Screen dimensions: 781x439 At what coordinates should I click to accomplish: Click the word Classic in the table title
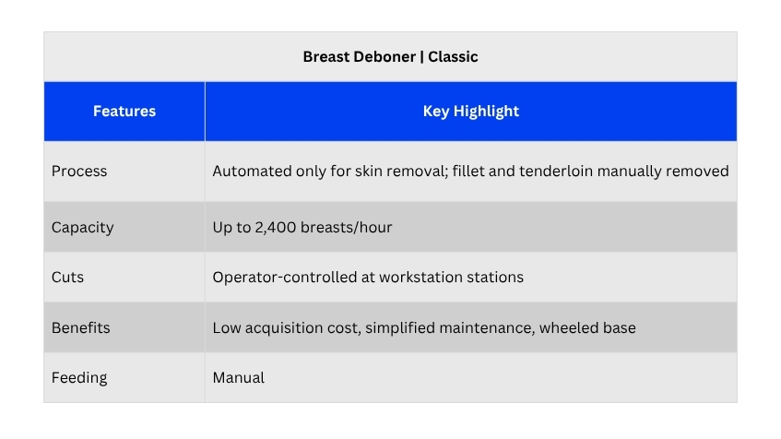(453, 57)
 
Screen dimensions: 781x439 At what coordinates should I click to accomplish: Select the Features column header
(124, 111)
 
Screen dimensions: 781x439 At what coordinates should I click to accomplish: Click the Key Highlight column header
(470, 111)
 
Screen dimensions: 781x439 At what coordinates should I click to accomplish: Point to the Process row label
(79, 171)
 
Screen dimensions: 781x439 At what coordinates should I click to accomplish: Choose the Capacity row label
(83, 228)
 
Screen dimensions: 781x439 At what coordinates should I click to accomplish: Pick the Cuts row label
(67, 277)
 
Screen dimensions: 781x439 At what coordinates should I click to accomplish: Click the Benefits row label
(81, 328)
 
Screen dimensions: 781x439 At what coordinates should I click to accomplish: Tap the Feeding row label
(79, 378)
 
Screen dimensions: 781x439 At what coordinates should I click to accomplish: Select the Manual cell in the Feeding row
(239, 378)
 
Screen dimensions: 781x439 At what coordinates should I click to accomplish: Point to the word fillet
(468, 171)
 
